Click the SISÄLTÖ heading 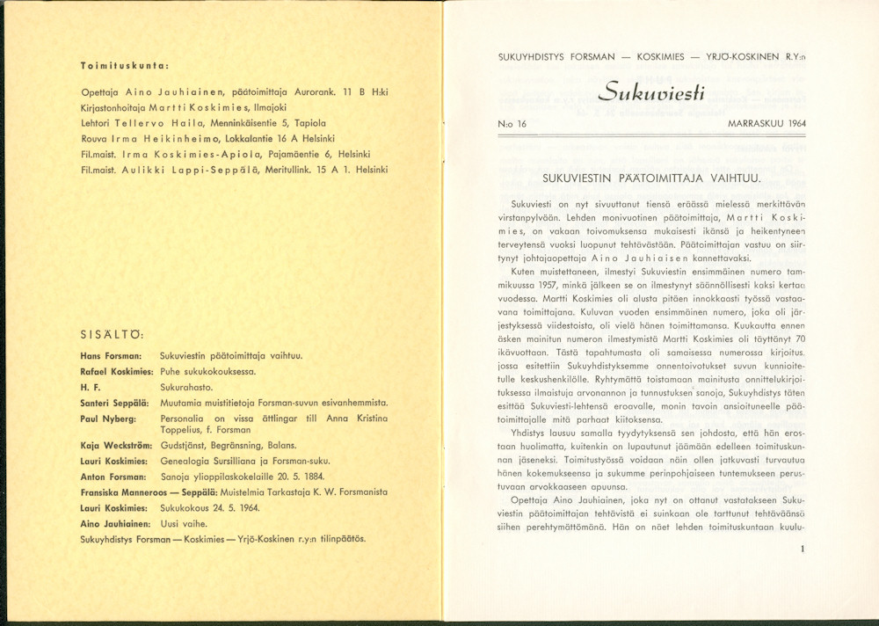pyautogui.click(x=113, y=334)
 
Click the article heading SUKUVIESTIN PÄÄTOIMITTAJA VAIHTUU pyautogui.click(x=651, y=178)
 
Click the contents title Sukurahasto pyautogui.click(x=185, y=387)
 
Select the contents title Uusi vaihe pyautogui.click(x=184, y=524)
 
